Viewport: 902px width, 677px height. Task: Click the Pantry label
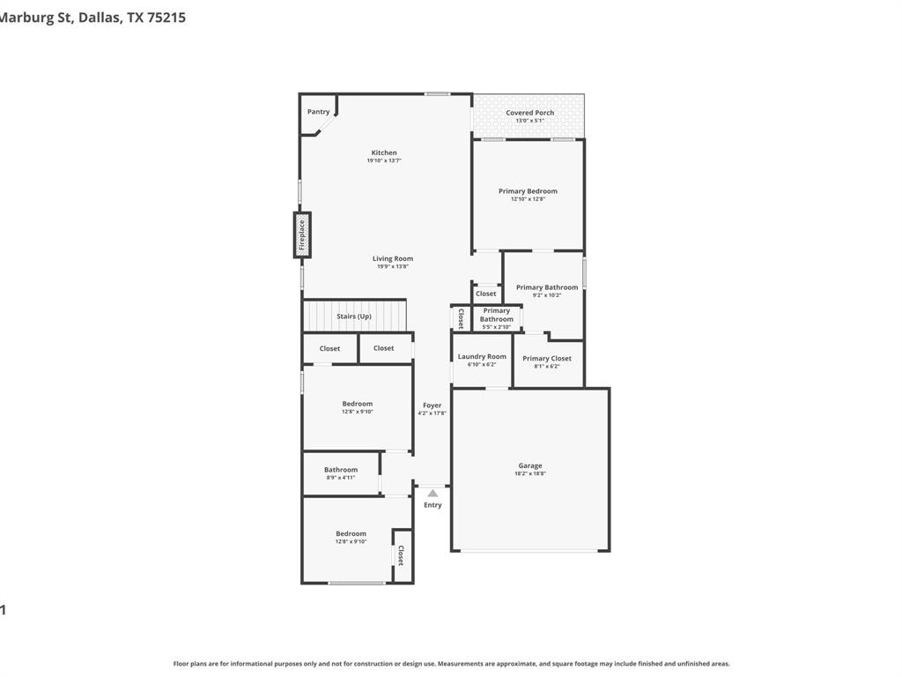[318, 112]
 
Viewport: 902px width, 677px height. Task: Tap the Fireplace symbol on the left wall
[302, 235]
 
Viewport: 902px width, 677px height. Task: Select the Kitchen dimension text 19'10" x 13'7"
[384, 160]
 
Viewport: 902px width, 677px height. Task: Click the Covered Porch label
[529, 113]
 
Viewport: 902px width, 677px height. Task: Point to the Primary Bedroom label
[528, 191]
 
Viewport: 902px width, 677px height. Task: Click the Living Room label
[392, 259]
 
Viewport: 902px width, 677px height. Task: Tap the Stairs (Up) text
[354, 316]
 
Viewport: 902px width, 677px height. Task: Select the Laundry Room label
[482, 357]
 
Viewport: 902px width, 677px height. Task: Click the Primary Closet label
[546, 359]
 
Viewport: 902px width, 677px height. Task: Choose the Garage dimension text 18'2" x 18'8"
[530, 473]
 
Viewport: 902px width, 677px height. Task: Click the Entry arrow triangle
[433, 494]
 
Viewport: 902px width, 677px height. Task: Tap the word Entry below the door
[433, 505]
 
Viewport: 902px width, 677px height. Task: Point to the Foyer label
[432, 405]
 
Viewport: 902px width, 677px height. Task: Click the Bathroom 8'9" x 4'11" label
[341, 470]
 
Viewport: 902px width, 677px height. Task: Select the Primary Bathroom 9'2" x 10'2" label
[547, 287]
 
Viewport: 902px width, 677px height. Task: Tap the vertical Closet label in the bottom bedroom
[401, 555]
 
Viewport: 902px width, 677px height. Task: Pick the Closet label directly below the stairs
[329, 348]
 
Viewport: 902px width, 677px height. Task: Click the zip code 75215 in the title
[166, 17]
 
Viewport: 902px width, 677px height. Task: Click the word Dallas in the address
[100, 17]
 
